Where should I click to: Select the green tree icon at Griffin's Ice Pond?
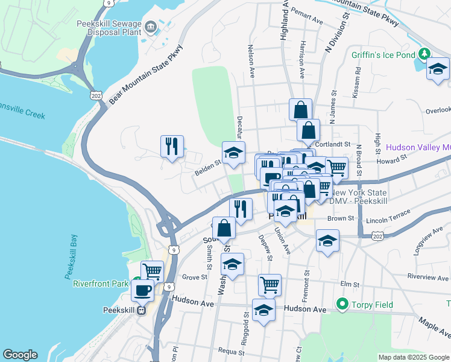[424, 54]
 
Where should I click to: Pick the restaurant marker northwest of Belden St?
[172, 146]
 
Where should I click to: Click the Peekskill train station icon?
[141, 311]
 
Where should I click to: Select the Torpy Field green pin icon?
[342, 303]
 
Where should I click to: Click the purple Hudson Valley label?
[418, 147]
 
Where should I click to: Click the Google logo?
[20, 355]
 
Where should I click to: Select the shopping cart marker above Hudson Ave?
[270, 284]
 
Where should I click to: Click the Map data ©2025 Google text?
[412, 357]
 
